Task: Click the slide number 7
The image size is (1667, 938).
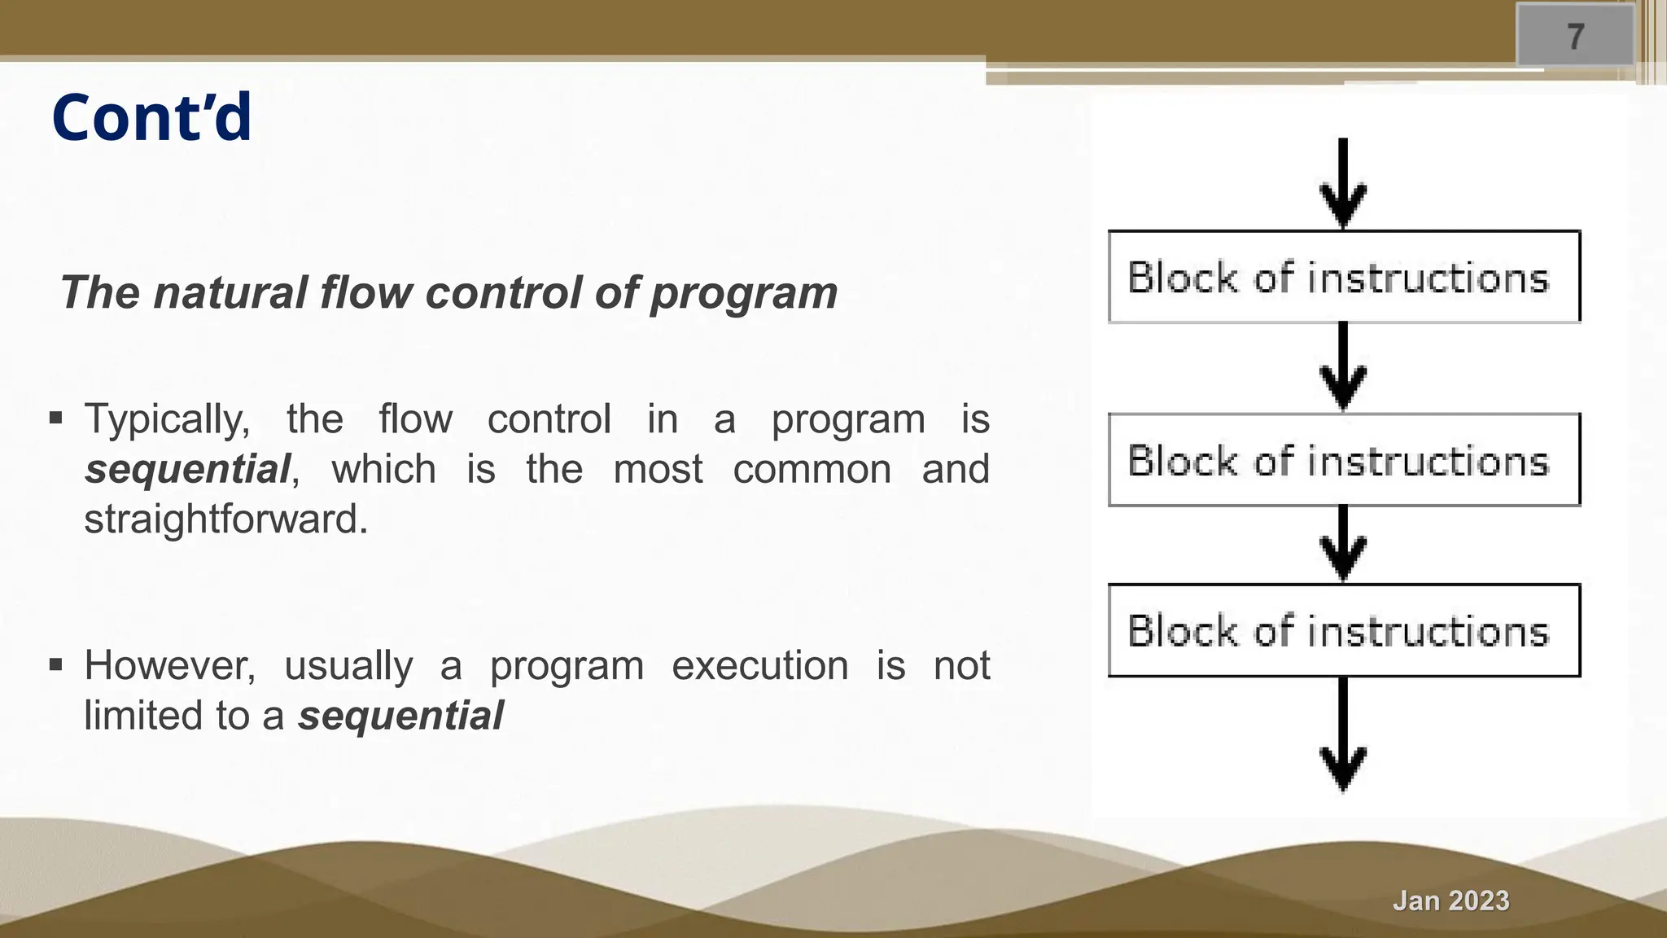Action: (x=1576, y=37)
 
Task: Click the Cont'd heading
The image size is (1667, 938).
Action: (x=152, y=118)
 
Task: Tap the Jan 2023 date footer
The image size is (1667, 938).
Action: (x=1450, y=901)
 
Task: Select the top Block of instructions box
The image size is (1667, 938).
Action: (x=1343, y=278)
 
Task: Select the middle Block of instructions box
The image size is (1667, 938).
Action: (x=1343, y=461)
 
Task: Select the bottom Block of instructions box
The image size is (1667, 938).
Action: (x=1343, y=631)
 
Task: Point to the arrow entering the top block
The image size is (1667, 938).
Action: (x=1343, y=184)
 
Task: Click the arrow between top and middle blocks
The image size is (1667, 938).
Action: (x=1343, y=367)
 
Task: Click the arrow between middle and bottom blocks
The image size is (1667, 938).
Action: (x=1343, y=544)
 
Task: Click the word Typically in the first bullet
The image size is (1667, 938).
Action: (x=167, y=420)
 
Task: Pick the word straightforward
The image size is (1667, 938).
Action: (x=225, y=519)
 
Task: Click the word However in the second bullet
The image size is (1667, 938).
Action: (x=169, y=666)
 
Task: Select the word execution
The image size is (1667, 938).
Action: (x=759, y=666)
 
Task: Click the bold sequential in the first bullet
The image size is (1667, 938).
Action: (x=187, y=470)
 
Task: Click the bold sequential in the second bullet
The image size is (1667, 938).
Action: (x=400, y=716)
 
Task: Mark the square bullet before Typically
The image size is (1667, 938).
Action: (x=55, y=419)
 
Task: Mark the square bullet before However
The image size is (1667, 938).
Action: (x=55, y=665)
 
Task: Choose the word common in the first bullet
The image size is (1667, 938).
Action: (x=812, y=470)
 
